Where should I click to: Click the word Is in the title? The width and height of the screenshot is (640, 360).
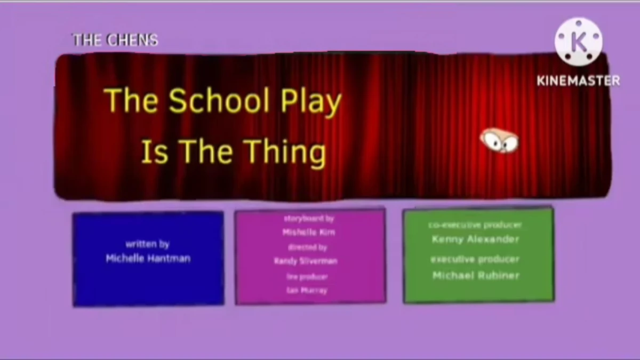click(155, 151)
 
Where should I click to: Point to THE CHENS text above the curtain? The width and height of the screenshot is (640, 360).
click(115, 40)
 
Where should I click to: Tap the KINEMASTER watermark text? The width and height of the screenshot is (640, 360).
click(578, 81)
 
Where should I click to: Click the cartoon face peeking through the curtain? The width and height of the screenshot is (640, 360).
click(499, 140)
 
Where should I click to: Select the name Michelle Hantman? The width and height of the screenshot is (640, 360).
click(148, 259)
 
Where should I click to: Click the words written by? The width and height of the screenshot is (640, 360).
click(148, 244)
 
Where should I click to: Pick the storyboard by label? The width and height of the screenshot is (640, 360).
click(309, 219)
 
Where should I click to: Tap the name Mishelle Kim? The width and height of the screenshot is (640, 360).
click(309, 233)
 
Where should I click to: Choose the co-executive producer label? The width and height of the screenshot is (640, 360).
click(475, 226)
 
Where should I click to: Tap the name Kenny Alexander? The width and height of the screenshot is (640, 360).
click(475, 239)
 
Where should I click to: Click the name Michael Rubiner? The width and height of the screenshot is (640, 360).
click(476, 276)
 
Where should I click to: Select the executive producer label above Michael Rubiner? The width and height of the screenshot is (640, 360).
click(475, 260)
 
